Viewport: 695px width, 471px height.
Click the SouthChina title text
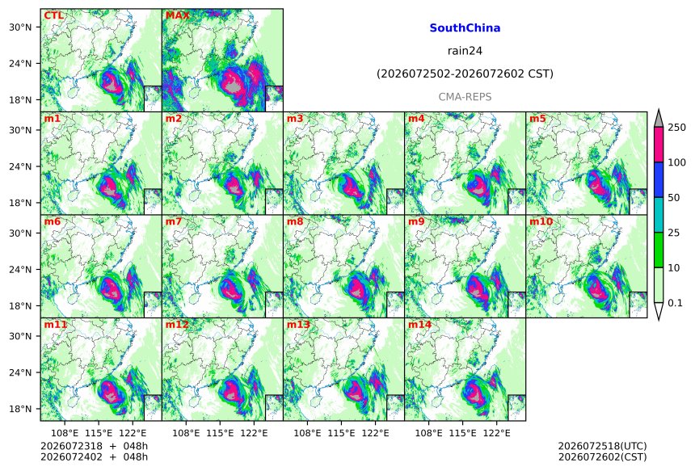click(x=465, y=28)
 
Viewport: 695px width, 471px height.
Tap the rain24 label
click(x=465, y=51)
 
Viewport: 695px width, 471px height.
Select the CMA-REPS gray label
click(x=465, y=97)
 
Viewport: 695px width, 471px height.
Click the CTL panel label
click(x=53, y=15)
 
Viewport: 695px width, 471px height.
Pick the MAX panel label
click(x=177, y=15)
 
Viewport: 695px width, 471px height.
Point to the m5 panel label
click(x=537, y=119)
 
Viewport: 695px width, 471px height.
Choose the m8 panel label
click(x=295, y=221)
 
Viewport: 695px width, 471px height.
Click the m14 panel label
click(x=419, y=325)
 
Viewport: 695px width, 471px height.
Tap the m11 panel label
click(x=56, y=325)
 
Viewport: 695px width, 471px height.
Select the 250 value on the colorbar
click(x=677, y=128)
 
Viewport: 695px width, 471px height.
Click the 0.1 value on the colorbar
click(x=675, y=303)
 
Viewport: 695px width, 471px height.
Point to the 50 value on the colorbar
click(x=674, y=198)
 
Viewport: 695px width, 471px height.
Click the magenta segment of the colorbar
click(x=659, y=145)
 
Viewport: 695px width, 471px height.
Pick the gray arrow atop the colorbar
click(x=659, y=119)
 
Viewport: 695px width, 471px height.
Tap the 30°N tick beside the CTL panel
click(x=20, y=27)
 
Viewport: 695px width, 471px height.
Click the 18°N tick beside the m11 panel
click(x=20, y=409)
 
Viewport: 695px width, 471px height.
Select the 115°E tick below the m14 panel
click(x=463, y=432)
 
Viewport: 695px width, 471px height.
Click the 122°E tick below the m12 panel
click(x=254, y=432)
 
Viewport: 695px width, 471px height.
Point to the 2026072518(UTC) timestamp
click(x=602, y=446)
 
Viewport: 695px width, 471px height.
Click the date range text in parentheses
click(x=465, y=74)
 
